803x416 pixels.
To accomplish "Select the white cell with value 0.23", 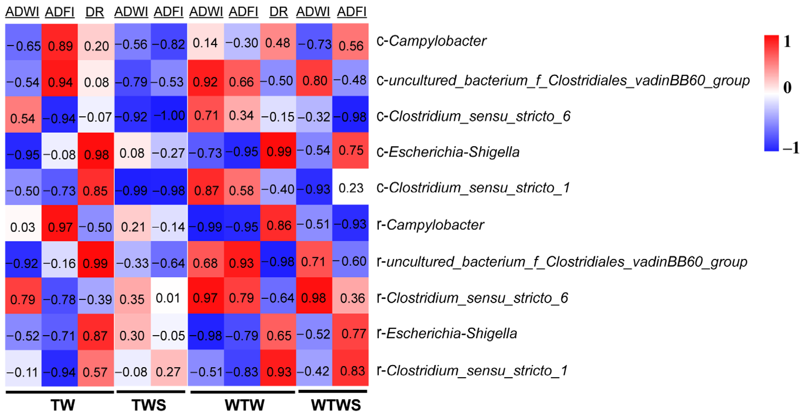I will pyautogui.click(x=350, y=187).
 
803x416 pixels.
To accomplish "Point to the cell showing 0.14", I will pyautogui.click(x=205, y=42).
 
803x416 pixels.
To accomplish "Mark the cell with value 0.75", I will pyautogui.click(x=350, y=151).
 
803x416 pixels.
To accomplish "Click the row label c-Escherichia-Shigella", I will pyautogui.click(x=448, y=152).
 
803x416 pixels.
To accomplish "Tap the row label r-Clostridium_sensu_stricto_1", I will pyautogui.click(x=472, y=371).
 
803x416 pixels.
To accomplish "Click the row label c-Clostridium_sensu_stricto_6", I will pyautogui.click(x=473, y=116).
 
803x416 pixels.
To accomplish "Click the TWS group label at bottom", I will pyautogui.click(x=149, y=405).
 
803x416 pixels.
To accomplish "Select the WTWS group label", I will pyautogui.click(x=336, y=405).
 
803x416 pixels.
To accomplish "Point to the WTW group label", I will pyautogui.click(x=244, y=405).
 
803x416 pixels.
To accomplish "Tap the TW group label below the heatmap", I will pyautogui.click(x=63, y=405).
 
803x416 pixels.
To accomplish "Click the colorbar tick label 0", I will pyautogui.click(x=787, y=87).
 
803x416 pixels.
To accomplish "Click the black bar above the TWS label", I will pyautogui.click(x=151, y=392).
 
